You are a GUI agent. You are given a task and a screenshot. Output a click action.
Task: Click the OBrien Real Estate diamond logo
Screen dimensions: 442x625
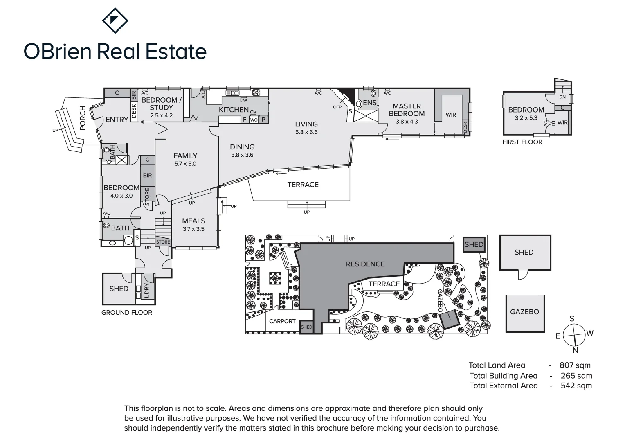pyautogui.click(x=115, y=20)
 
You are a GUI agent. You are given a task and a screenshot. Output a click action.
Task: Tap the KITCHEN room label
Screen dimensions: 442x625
pyautogui.click(x=234, y=110)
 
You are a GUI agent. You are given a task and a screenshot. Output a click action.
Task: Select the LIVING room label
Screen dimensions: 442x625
pyautogui.click(x=306, y=124)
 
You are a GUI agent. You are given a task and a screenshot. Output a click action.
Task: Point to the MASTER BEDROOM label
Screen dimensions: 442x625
pyautogui.click(x=407, y=110)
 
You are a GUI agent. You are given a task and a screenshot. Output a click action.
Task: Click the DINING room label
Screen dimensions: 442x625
pyautogui.click(x=242, y=147)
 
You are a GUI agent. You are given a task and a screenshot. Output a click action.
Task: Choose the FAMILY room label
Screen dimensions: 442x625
pyautogui.click(x=185, y=156)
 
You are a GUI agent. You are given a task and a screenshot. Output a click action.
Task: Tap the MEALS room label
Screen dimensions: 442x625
pyautogui.click(x=193, y=221)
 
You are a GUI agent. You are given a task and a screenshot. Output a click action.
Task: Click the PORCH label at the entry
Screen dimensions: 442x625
pyautogui.click(x=83, y=118)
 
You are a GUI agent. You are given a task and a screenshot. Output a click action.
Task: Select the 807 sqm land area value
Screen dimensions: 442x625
pyautogui.click(x=575, y=365)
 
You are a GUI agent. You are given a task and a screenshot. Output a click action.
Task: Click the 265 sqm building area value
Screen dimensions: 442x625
pyautogui.click(x=576, y=376)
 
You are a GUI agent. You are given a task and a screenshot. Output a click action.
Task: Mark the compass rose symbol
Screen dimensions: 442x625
pyautogui.click(x=574, y=335)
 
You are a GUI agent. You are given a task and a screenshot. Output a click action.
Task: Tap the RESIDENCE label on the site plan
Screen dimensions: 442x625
pyautogui.click(x=365, y=264)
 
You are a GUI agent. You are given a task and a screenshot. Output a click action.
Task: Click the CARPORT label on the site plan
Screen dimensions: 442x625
pyautogui.click(x=282, y=321)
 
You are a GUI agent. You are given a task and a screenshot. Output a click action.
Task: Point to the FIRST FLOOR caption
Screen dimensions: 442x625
pyautogui.click(x=522, y=142)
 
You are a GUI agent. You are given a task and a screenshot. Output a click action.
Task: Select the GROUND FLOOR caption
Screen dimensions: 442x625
pyautogui.click(x=127, y=313)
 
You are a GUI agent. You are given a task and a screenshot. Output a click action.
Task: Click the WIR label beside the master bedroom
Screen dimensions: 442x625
pyautogui.click(x=451, y=115)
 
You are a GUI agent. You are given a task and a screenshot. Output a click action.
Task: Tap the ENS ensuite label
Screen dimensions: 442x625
pyautogui.click(x=370, y=103)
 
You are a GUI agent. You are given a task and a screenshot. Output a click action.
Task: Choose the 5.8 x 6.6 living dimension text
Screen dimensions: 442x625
pyautogui.click(x=306, y=132)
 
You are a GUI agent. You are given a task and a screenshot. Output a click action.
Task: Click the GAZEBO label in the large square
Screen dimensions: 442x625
pyautogui.click(x=524, y=312)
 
